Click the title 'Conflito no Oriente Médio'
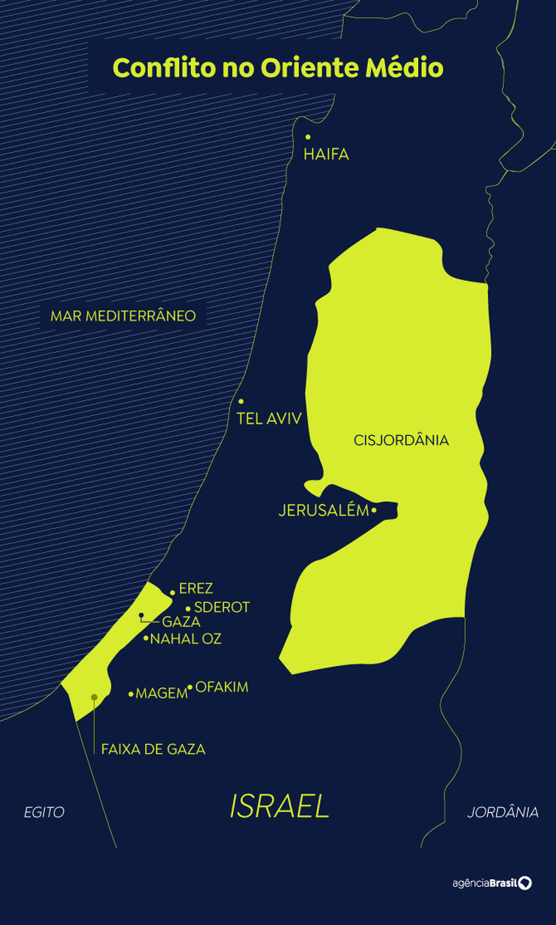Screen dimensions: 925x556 (x=278, y=68)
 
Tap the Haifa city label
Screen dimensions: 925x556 (x=326, y=154)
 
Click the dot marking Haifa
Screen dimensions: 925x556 (x=307, y=136)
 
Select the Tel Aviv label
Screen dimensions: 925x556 (x=269, y=418)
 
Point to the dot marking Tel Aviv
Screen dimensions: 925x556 (x=241, y=401)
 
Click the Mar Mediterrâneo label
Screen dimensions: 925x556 (x=123, y=316)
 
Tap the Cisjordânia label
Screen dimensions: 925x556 (x=401, y=440)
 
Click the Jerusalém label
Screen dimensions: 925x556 (x=323, y=510)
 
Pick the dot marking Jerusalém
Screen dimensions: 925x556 (x=375, y=510)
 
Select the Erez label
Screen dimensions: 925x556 (x=195, y=589)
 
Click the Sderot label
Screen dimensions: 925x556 (x=222, y=608)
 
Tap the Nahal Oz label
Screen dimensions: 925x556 (x=186, y=639)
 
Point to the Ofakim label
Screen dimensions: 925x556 (x=222, y=687)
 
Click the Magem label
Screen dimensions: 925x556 (x=162, y=693)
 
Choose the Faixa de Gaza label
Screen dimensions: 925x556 (x=153, y=749)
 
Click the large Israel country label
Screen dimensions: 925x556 (x=279, y=807)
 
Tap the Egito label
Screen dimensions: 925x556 (x=44, y=813)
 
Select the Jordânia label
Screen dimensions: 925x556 (x=503, y=813)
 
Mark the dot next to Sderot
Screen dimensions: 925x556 (x=188, y=609)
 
